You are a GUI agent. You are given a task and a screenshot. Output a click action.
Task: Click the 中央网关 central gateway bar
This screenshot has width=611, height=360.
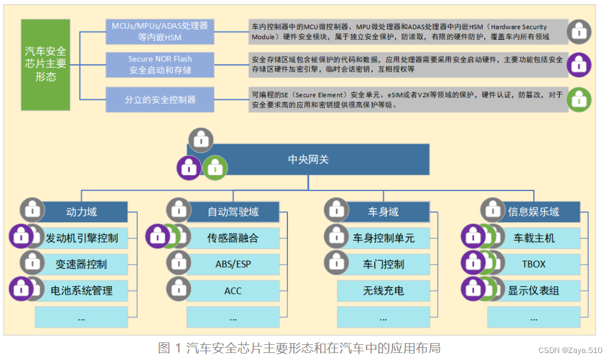click(308, 159)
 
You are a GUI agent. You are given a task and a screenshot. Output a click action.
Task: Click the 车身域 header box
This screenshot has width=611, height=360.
click(383, 212)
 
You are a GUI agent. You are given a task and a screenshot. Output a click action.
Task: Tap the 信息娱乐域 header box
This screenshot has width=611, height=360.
click(533, 212)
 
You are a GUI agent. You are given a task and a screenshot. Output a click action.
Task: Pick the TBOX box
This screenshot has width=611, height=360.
click(533, 264)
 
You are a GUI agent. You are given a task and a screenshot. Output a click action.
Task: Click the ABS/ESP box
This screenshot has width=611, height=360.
click(232, 264)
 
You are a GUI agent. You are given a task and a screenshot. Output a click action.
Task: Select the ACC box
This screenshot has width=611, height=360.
click(232, 290)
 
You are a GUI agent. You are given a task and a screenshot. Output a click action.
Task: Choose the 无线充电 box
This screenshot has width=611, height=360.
click(383, 290)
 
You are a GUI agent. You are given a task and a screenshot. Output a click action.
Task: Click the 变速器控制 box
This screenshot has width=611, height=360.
click(82, 264)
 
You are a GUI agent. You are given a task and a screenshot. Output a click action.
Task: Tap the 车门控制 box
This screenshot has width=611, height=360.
click(383, 264)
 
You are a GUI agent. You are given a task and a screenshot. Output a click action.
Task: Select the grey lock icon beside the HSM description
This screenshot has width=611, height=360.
click(579, 31)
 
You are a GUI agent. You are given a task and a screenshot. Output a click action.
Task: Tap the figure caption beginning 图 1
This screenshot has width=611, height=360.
click(299, 348)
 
